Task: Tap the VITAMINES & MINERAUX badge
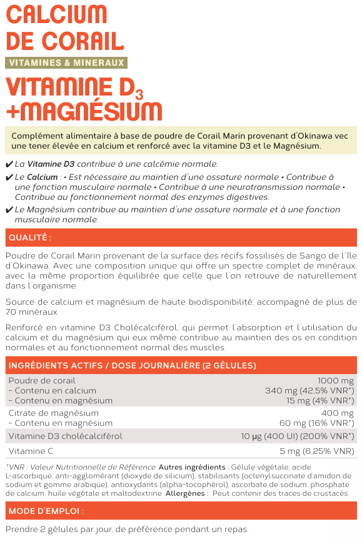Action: point(66,62)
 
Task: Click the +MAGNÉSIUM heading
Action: point(84,111)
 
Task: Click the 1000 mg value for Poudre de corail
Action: point(336,380)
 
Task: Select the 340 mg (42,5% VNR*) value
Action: point(309,390)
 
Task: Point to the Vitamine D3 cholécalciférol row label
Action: point(66,436)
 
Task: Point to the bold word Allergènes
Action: point(186,493)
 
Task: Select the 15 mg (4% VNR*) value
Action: point(321,400)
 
